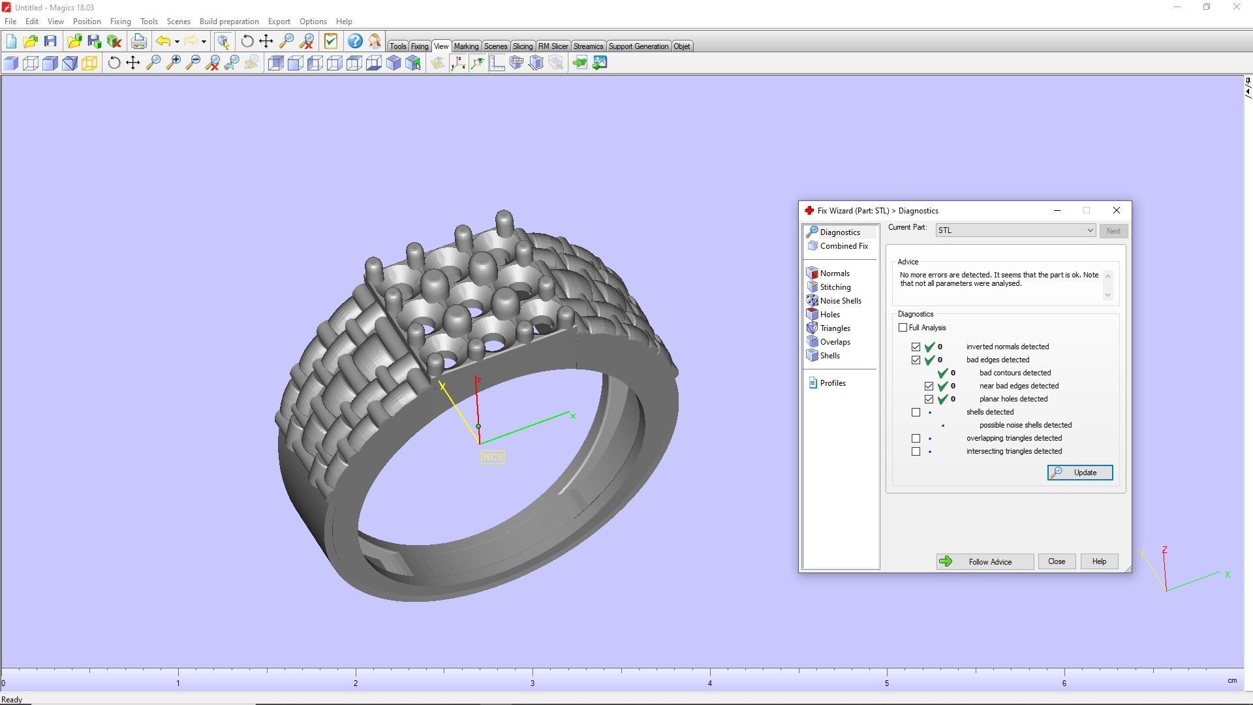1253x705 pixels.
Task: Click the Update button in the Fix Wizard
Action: tap(1079, 473)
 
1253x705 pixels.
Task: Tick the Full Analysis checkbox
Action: tap(903, 328)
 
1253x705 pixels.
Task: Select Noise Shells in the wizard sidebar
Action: tap(840, 301)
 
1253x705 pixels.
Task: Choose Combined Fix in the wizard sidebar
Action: tap(843, 246)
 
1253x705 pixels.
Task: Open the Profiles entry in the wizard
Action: tap(832, 383)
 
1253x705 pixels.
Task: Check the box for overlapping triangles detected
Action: tap(916, 439)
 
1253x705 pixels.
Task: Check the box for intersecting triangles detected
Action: tap(916, 452)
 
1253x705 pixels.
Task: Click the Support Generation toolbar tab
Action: tap(638, 46)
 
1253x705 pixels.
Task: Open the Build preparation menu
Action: tap(229, 22)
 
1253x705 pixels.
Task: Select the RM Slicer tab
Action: tap(553, 46)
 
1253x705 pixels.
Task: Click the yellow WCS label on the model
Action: tap(492, 457)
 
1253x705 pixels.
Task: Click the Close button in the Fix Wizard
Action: tap(1056, 561)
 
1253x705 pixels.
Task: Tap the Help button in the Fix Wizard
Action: tap(1098, 561)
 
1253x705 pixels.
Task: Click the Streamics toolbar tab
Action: tap(588, 46)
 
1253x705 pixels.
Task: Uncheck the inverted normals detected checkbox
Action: tap(916, 347)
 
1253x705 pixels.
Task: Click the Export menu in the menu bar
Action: tap(279, 22)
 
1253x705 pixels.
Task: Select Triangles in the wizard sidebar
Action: tap(835, 328)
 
